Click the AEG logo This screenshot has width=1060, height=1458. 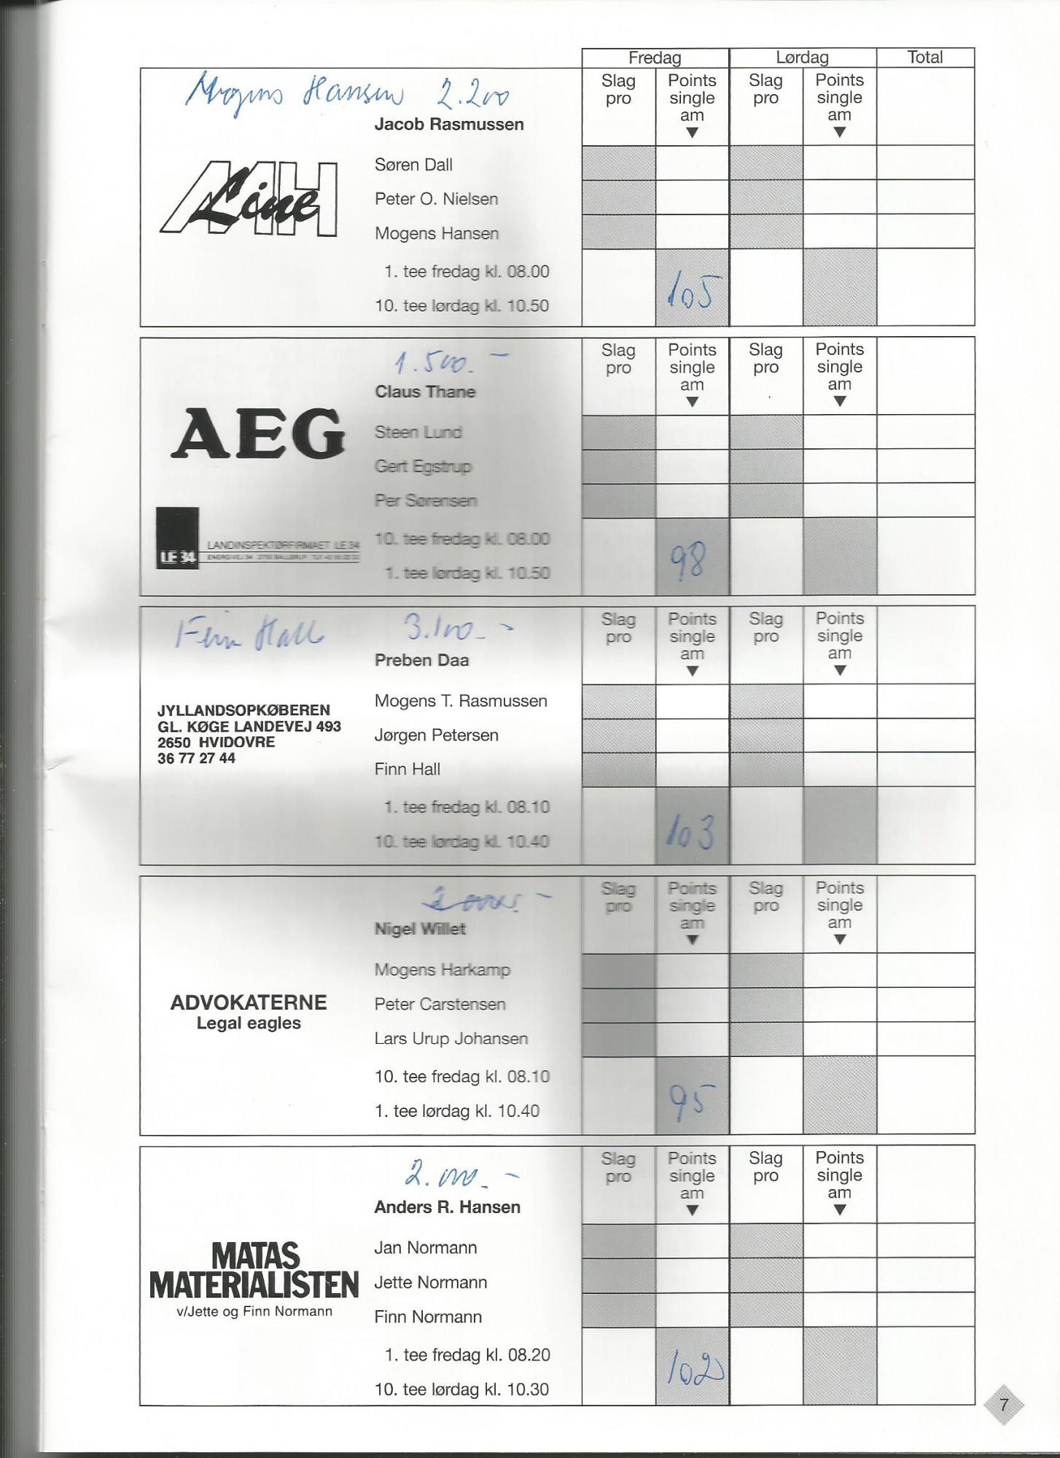point(257,434)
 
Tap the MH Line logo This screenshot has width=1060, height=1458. point(249,199)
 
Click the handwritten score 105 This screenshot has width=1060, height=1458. point(692,291)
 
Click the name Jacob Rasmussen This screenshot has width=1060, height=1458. point(449,125)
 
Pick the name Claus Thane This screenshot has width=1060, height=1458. point(425,392)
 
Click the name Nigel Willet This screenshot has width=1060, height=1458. point(420,929)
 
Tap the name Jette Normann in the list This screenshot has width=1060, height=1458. point(430,1282)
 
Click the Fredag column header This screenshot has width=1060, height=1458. point(655,58)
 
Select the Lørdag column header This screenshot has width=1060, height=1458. point(802,58)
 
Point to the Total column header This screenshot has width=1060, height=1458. point(924,58)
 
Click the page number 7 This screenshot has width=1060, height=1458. point(1004,1405)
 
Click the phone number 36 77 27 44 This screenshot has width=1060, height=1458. point(196,759)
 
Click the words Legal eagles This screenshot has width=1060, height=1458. point(249,1024)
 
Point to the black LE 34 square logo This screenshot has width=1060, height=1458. point(176,538)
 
